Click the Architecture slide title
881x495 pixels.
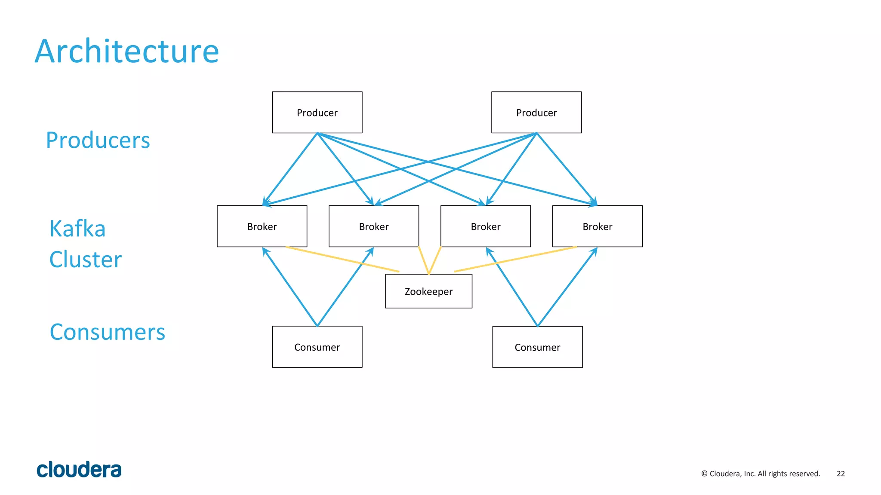click(127, 52)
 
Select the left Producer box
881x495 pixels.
click(317, 113)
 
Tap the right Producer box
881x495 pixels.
click(536, 113)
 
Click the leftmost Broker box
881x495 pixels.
click(262, 226)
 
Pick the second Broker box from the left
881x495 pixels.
click(374, 226)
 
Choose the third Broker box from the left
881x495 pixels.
click(486, 226)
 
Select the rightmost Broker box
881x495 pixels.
click(598, 226)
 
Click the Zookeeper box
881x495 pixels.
click(428, 291)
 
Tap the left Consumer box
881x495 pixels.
click(317, 347)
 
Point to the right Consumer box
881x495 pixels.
click(537, 347)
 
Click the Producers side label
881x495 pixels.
click(98, 141)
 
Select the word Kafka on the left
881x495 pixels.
click(77, 229)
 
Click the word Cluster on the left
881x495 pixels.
click(86, 260)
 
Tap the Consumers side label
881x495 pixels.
click(108, 332)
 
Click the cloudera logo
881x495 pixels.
click(79, 470)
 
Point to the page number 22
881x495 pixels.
click(841, 474)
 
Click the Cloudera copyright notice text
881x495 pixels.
click(761, 474)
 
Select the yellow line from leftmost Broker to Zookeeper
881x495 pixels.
click(342, 259)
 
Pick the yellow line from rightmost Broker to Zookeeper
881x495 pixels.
click(515, 259)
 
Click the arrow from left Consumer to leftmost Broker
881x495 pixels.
click(290, 287)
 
